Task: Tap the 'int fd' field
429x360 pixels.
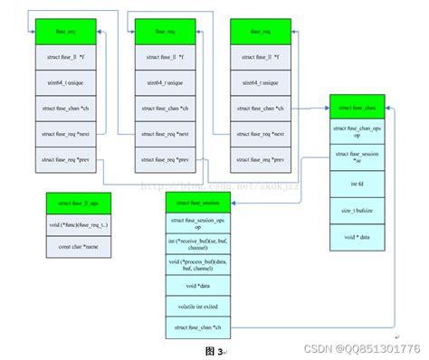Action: (x=359, y=185)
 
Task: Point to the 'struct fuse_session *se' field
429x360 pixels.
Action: (x=359, y=158)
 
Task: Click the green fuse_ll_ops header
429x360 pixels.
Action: (x=77, y=202)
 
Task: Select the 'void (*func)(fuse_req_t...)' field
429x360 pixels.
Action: (x=77, y=223)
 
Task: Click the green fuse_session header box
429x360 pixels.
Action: (x=197, y=202)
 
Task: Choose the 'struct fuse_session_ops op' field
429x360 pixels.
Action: (x=197, y=223)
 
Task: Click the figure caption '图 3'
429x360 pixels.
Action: (x=214, y=348)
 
